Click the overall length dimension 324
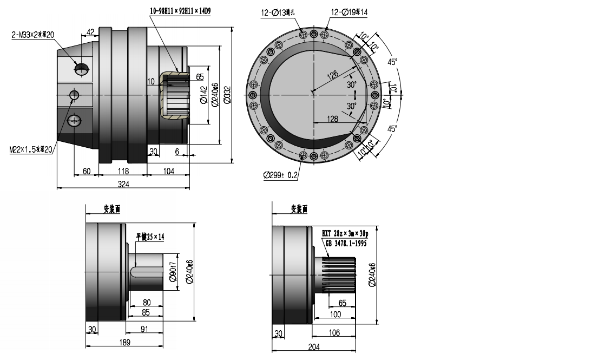click(x=123, y=185)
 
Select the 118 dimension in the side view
click(x=123, y=171)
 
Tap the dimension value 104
click(x=168, y=171)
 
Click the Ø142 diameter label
click(x=203, y=93)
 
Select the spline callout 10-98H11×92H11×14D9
click(x=180, y=10)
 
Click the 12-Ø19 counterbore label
click(x=350, y=11)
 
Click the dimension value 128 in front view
click(x=333, y=118)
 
